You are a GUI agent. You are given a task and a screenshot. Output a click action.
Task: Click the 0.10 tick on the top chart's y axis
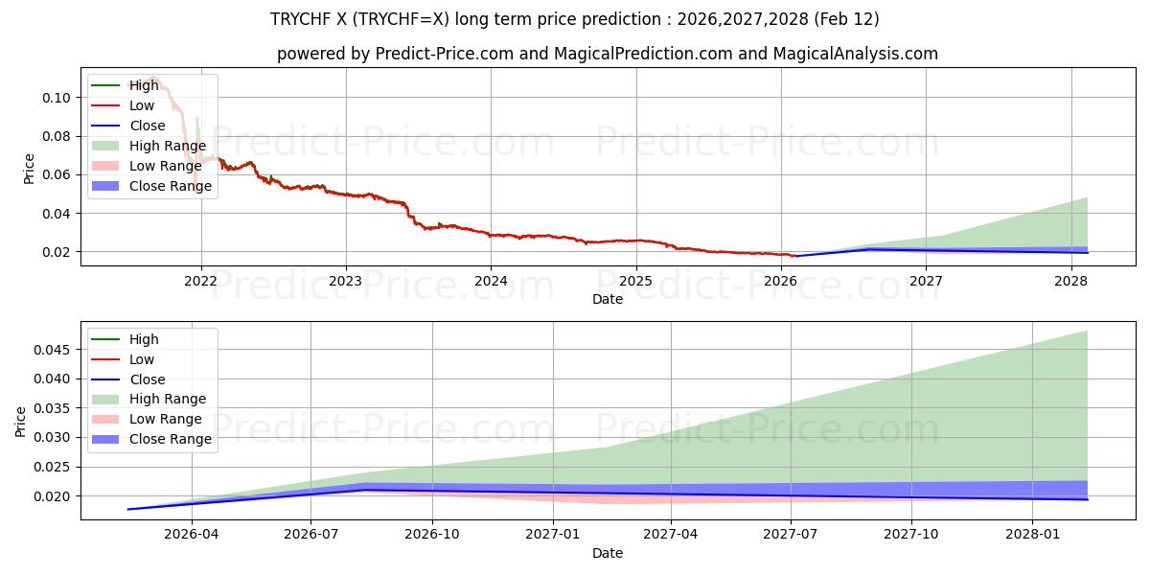57,98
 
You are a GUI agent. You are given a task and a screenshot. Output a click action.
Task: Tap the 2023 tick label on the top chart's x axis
345,281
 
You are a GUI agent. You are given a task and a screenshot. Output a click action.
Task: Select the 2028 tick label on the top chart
1070,281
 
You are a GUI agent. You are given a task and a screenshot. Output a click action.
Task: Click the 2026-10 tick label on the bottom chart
432,535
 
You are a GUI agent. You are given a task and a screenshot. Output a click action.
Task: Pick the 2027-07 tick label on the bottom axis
791,535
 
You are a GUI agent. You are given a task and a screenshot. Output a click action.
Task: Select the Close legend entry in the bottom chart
147,379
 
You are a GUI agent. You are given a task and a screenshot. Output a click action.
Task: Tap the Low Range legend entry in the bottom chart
165,419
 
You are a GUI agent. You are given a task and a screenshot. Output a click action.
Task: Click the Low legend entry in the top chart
141,105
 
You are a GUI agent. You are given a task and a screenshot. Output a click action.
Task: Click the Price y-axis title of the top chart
29,169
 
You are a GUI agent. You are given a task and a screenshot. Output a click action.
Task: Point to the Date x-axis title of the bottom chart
608,553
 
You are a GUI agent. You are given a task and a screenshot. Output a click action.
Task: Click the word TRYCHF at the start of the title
302,19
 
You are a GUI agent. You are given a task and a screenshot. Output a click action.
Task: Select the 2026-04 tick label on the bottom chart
192,535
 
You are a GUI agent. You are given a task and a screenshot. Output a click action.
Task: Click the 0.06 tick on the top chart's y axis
57,174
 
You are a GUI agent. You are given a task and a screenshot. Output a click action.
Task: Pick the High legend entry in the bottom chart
144,339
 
